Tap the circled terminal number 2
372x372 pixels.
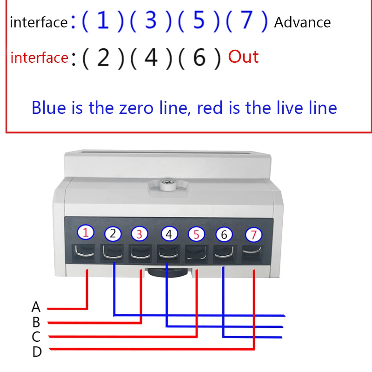(x=113, y=233)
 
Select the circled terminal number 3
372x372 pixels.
(x=140, y=233)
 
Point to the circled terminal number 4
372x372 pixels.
(x=169, y=234)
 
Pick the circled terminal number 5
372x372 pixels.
(x=196, y=234)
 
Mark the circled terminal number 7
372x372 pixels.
(x=253, y=235)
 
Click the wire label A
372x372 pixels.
(x=36, y=307)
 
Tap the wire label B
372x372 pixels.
(x=36, y=322)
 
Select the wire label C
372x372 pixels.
(x=36, y=336)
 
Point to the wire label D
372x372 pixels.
(x=37, y=352)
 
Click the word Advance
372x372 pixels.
(x=302, y=22)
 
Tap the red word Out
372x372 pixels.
(x=243, y=57)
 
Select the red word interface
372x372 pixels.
(x=39, y=58)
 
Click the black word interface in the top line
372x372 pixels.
(x=38, y=22)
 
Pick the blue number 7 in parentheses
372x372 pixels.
(x=246, y=21)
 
